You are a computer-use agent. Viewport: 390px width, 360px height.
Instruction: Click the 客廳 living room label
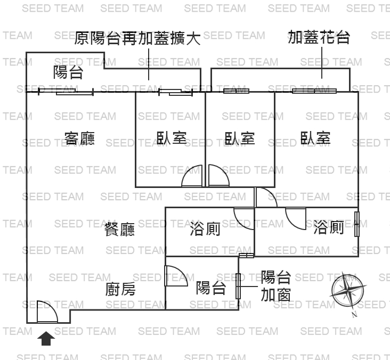click(79, 138)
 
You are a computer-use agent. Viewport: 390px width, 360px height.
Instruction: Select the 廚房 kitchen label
click(120, 289)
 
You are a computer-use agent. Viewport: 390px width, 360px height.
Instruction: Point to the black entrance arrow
click(46, 338)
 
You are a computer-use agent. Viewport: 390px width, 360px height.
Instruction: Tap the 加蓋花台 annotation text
click(319, 37)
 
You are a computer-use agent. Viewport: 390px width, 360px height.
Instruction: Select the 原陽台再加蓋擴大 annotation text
click(137, 38)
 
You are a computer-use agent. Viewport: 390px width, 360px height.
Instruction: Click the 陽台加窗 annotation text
click(276, 285)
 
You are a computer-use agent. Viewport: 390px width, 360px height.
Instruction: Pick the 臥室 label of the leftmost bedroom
click(172, 138)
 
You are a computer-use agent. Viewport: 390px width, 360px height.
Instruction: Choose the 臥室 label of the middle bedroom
click(240, 138)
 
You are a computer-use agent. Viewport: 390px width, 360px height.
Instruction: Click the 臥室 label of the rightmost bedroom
click(315, 138)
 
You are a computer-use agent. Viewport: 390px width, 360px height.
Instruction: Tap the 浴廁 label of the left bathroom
click(205, 230)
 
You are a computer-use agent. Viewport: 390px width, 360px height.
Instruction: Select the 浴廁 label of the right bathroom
click(328, 228)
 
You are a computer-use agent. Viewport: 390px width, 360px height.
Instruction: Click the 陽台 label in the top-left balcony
click(68, 72)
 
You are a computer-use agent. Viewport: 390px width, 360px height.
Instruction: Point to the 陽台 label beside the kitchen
click(211, 288)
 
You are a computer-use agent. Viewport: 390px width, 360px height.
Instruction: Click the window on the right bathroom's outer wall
click(357, 224)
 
